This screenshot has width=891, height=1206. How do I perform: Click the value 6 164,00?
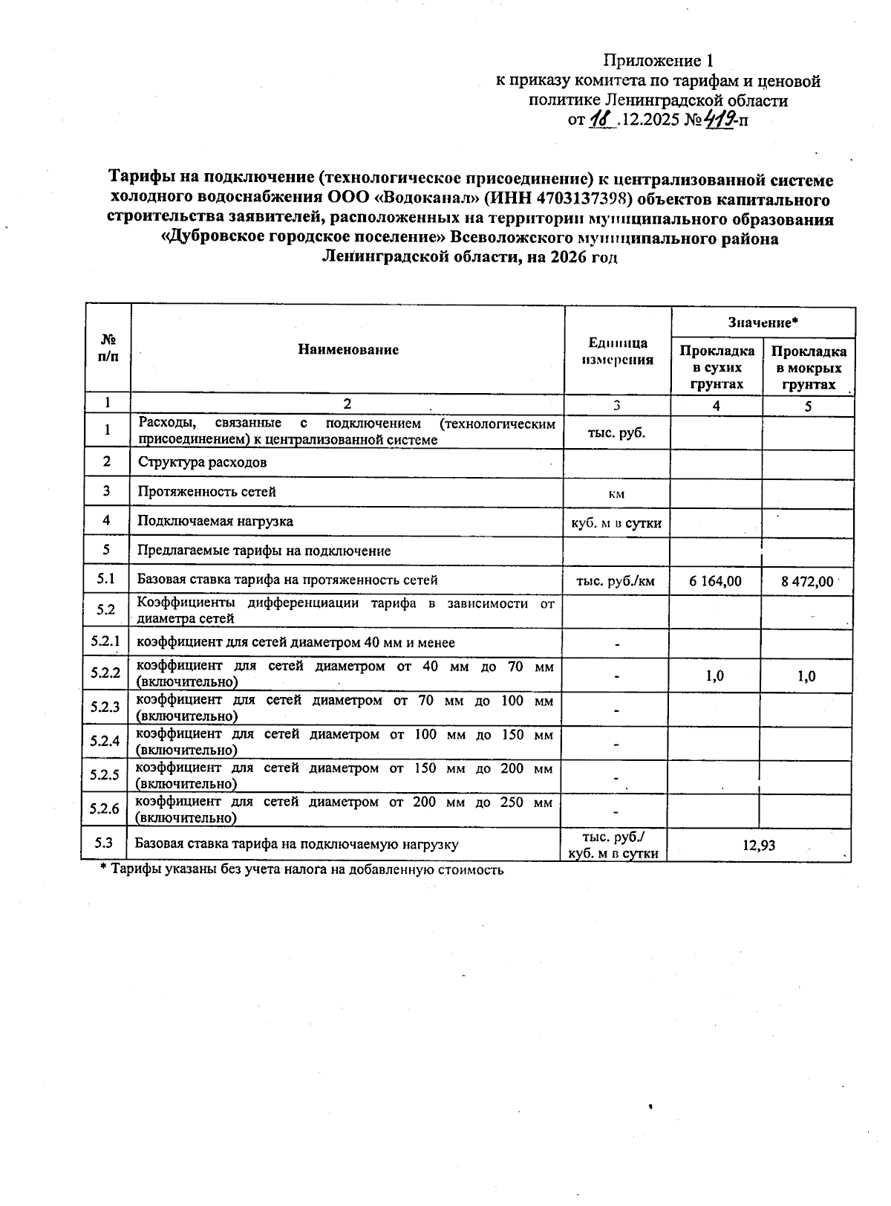tap(715, 581)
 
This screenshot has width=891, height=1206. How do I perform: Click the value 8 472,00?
tap(807, 581)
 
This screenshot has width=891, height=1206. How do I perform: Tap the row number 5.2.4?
tap(105, 741)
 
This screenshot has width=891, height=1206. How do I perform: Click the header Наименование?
tap(348, 349)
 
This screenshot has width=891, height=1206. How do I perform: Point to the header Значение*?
tap(763, 322)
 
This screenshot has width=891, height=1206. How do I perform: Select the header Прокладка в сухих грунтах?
tap(717, 367)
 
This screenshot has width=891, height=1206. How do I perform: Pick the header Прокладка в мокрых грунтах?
tap(809, 367)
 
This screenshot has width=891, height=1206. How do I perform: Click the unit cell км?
tap(616, 493)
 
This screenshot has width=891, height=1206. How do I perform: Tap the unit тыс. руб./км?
tap(616, 581)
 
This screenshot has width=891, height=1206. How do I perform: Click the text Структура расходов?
tap(202, 462)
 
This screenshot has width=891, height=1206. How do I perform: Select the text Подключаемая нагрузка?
tap(215, 521)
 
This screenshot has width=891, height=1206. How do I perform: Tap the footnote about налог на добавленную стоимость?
tap(302, 869)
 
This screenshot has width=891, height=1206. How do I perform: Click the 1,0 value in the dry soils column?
tap(715, 675)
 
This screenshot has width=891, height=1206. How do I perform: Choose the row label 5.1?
tap(105, 580)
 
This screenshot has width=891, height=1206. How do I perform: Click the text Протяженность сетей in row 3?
tap(206, 491)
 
